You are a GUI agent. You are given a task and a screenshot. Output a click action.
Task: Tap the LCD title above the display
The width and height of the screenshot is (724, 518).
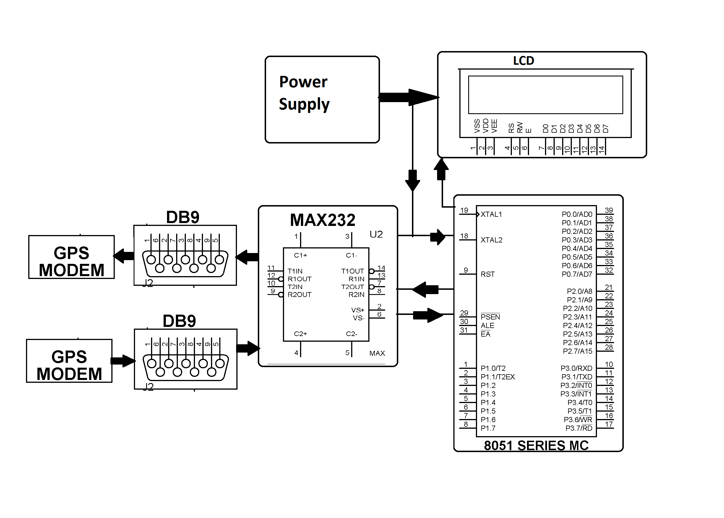tap(524, 60)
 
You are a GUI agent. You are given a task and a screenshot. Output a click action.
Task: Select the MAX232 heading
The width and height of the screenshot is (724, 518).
tap(322, 220)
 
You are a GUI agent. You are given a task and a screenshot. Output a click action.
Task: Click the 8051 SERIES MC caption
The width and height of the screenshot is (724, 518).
tap(536, 446)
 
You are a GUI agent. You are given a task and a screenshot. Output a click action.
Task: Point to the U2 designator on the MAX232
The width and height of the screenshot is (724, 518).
tap(376, 234)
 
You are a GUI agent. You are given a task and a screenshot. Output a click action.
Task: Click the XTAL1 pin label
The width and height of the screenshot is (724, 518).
tap(491, 214)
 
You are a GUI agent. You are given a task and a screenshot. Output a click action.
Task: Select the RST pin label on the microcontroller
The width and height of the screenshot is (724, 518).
tap(488, 274)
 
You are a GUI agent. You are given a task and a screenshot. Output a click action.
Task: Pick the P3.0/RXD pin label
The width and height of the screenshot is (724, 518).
tap(576, 369)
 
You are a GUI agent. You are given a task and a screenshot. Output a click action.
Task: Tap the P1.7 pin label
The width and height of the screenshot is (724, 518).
tap(488, 428)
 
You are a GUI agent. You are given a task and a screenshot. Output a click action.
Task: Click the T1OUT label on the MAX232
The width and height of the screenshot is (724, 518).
tap(352, 271)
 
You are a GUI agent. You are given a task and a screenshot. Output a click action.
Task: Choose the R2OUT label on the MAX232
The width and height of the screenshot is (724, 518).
tap(299, 295)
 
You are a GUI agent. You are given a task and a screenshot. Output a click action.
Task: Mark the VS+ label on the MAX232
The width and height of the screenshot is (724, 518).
tap(358, 310)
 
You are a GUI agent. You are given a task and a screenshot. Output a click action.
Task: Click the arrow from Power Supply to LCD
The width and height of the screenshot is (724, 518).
tap(409, 97)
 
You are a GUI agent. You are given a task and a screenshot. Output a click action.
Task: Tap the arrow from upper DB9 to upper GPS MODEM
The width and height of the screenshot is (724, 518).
tap(124, 256)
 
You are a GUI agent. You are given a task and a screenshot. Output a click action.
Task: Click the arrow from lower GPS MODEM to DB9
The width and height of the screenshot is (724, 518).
tap(123, 361)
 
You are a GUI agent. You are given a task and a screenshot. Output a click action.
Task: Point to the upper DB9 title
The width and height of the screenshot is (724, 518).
tap(183, 218)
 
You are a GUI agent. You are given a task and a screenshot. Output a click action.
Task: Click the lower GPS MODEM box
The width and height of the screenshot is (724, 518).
tap(69, 361)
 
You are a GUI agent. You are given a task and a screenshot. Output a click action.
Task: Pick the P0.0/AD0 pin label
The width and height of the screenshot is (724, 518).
tap(577, 214)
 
